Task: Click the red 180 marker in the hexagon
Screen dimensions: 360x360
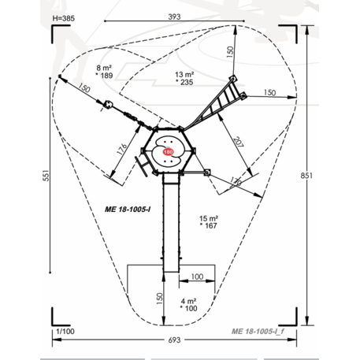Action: click(168, 152)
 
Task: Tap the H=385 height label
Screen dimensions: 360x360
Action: click(64, 18)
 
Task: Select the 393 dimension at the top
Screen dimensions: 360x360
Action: click(174, 17)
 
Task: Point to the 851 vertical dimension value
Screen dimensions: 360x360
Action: click(306, 176)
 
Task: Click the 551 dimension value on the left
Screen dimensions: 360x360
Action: click(46, 175)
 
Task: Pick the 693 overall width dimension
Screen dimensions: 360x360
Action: click(174, 340)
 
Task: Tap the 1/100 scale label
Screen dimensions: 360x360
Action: click(65, 332)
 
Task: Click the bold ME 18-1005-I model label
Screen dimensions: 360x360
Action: click(128, 210)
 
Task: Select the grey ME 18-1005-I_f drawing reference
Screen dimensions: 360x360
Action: click(258, 332)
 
